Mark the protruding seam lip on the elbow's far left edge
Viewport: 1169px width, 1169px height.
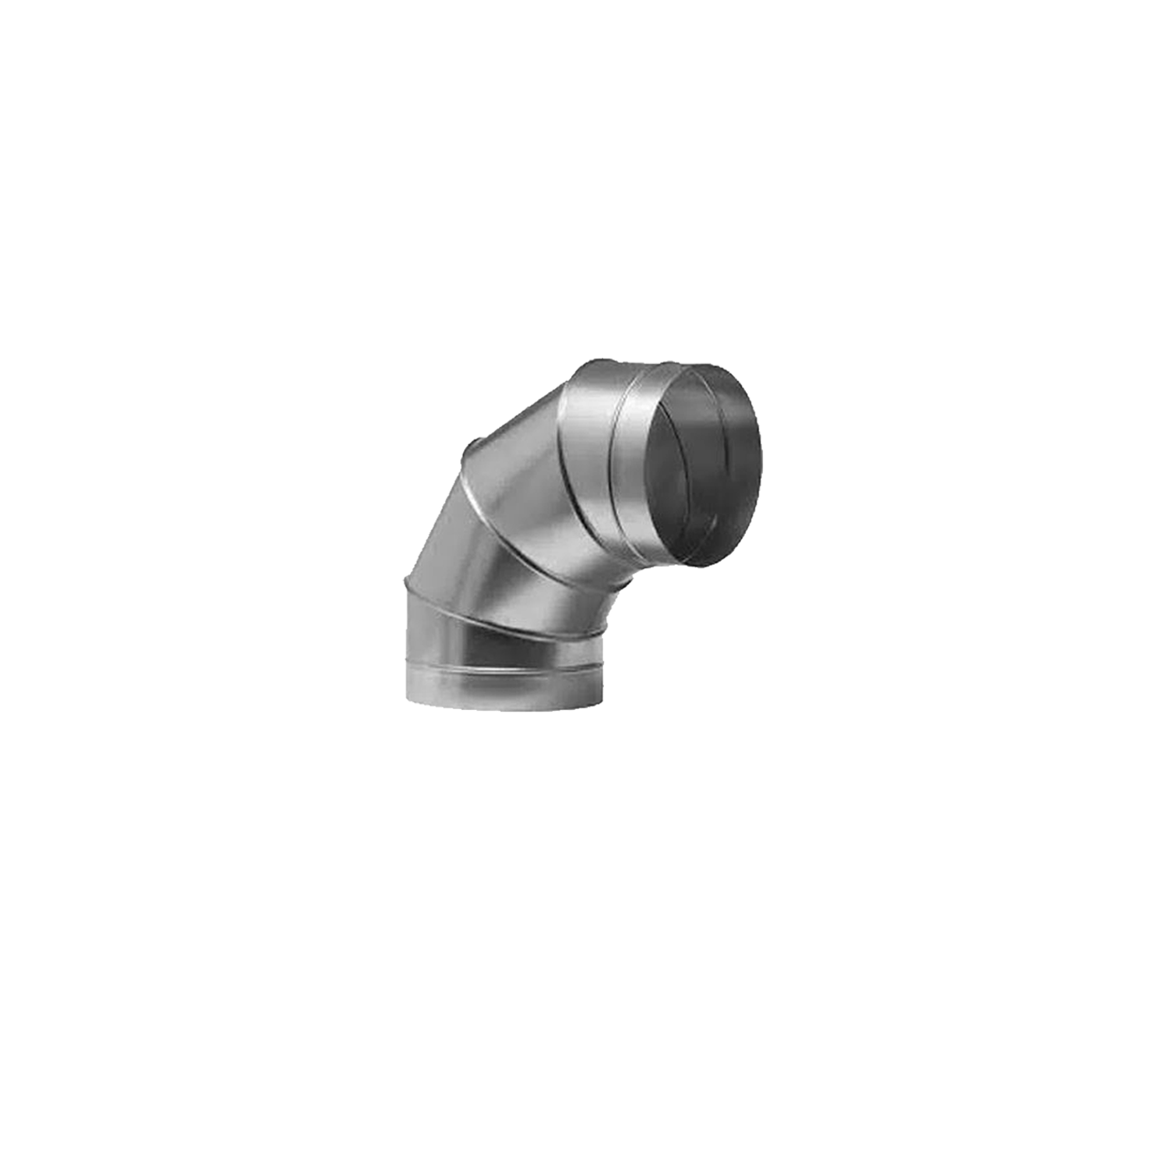tap(407, 581)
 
